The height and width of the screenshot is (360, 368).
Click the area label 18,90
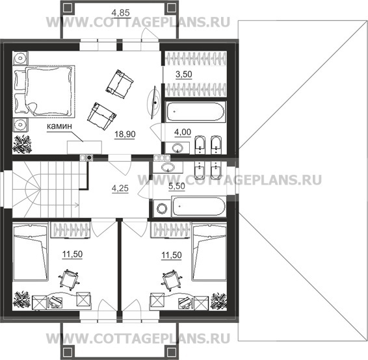pos(125,134)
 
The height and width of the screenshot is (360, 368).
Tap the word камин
pos(59,126)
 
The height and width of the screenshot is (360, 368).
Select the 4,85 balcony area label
pos(121,12)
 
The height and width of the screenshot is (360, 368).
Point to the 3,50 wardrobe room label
pos(184,74)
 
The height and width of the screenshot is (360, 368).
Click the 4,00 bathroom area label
pos(183,132)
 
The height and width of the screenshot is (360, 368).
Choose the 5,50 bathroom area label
pos(177,186)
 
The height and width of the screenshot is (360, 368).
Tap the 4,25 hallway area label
pos(120,188)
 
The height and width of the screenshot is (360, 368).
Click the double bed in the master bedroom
pos(44,91)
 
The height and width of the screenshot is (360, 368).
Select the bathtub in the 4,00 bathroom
pos(195,112)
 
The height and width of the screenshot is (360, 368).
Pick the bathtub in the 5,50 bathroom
pos(199,207)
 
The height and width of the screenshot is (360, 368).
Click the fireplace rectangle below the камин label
pos(85,148)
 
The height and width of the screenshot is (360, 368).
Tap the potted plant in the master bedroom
pos(22,144)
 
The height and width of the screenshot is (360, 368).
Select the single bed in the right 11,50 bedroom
pos(209,252)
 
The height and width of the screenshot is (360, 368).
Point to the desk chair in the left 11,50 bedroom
pos(68,279)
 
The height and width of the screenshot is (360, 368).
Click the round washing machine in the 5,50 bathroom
pos(162,209)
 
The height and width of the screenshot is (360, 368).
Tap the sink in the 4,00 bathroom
pos(177,148)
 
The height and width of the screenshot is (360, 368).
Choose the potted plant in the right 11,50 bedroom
pos(218,301)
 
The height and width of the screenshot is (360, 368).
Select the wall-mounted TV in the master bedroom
pos(154,103)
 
